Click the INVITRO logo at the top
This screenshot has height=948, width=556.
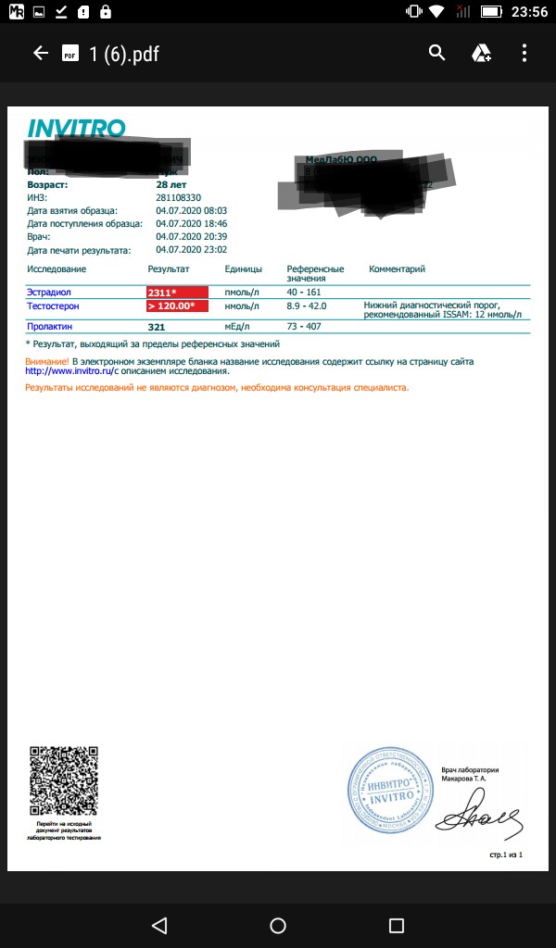pyautogui.click(x=76, y=129)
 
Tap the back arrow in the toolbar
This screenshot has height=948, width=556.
pyautogui.click(x=40, y=54)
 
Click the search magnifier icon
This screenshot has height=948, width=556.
pyautogui.click(x=437, y=54)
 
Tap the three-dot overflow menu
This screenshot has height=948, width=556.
pyautogui.click(x=524, y=54)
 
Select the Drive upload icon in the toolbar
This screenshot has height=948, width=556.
pyautogui.click(x=481, y=54)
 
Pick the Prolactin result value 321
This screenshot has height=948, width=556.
pyautogui.click(x=157, y=327)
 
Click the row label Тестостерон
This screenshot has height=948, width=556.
pyautogui.click(x=54, y=306)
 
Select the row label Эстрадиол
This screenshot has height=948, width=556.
pyautogui.click(x=49, y=293)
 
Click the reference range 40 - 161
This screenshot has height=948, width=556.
pyautogui.click(x=304, y=293)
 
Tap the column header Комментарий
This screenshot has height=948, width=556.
pyautogui.click(x=397, y=269)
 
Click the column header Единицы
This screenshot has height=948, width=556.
pyautogui.click(x=244, y=269)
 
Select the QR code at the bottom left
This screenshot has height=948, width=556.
pyautogui.click(x=63, y=781)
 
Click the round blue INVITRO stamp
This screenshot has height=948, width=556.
pyautogui.click(x=390, y=790)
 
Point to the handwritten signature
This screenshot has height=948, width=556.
pyautogui.click(x=478, y=818)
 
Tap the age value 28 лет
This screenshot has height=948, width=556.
pyautogui.click(x=172, y=185)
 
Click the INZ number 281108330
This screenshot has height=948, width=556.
pyautogui.click(x=179, y=198)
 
